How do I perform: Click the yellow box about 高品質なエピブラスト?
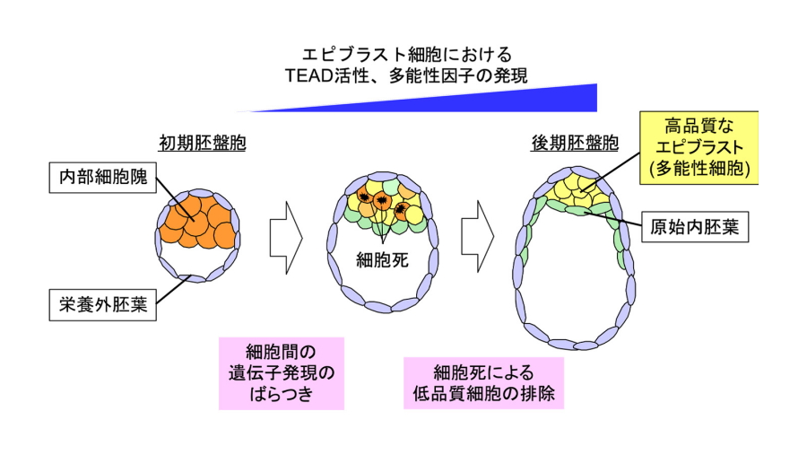(699, 146)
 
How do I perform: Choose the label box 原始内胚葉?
(695, 227)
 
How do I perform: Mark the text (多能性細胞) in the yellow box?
(699, 167)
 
